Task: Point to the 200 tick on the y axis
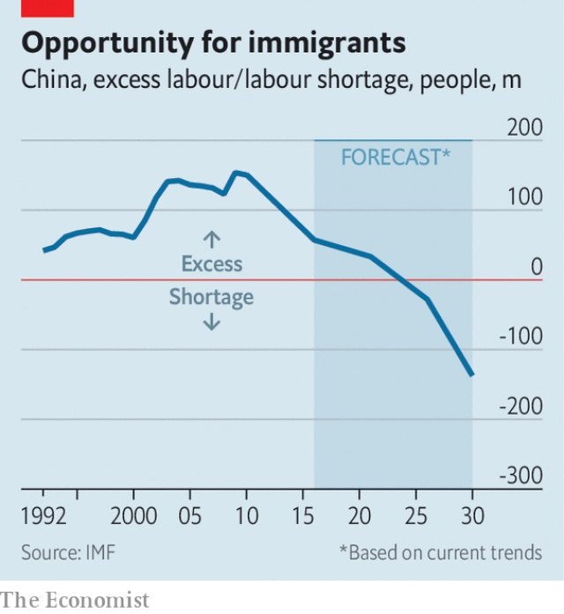tap(524, 127)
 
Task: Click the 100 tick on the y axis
tap(524, 196)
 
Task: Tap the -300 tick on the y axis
tap(521, 476)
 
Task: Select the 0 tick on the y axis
tap(536, 266)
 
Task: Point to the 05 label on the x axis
tap(189, 515)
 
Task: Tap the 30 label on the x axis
tap(472, 515)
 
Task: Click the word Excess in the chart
tap(211, 263)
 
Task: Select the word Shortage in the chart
tap(211, 298)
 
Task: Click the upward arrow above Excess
tap(211, 239)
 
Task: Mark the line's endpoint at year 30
tap(472, 375)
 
